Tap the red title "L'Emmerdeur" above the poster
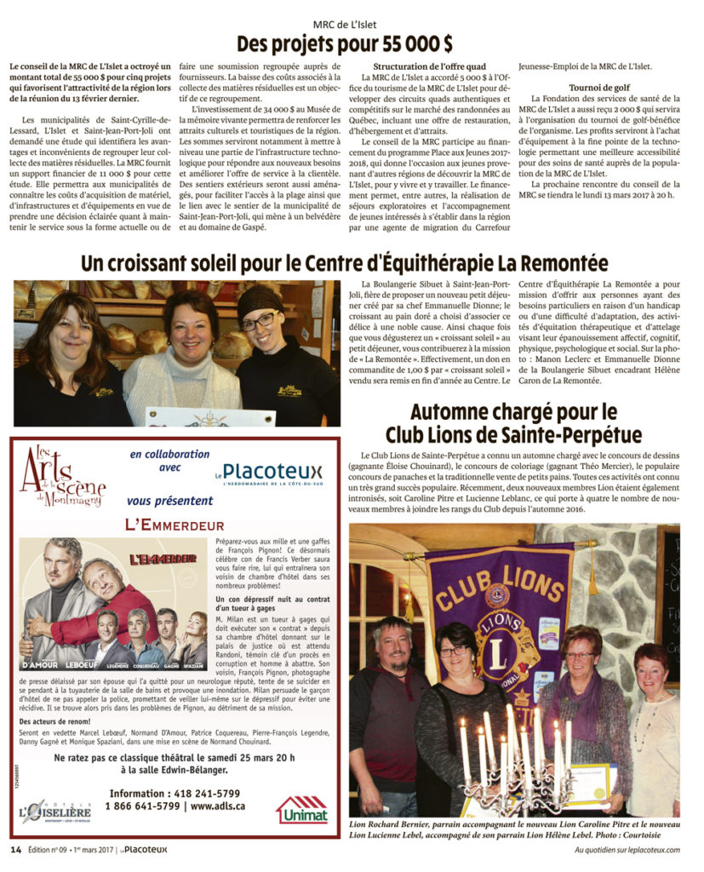click(174, 525)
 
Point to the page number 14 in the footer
click(15, 849)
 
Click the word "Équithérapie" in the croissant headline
click(413, 262)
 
